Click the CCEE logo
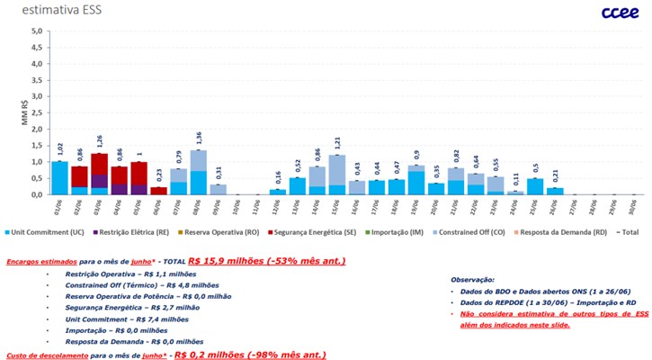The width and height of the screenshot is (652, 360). [x=616, y=12]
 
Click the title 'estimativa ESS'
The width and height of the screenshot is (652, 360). [x=44, y=11]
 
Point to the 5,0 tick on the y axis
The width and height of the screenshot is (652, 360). [x=36, y=31]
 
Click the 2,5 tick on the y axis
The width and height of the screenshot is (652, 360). [x=36, y=112]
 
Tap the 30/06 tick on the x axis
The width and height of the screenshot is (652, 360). [x=632, y=208]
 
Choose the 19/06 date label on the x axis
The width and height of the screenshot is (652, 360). [x=415, y=208]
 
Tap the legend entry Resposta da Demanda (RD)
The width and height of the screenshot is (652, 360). [x=564, y=233]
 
